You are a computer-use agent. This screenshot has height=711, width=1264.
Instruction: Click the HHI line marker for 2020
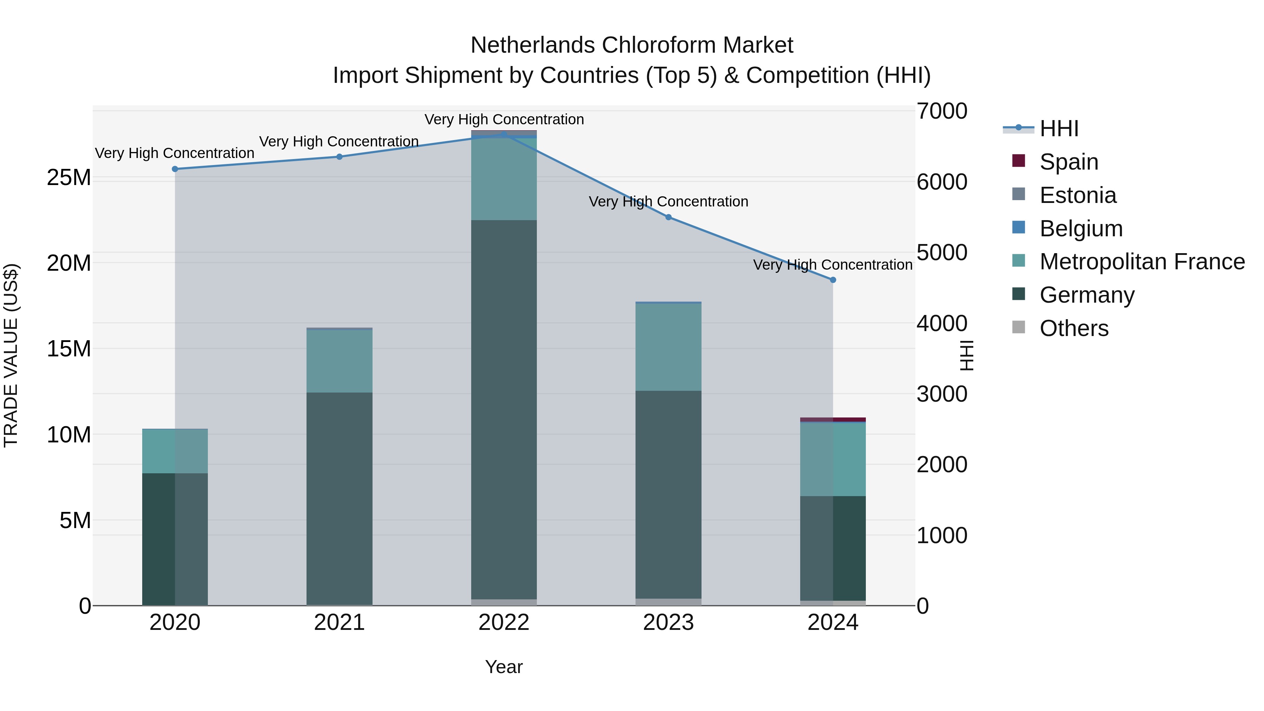175,169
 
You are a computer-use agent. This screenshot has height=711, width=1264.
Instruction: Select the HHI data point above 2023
668,217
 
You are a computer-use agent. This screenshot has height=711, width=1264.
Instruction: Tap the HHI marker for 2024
833,280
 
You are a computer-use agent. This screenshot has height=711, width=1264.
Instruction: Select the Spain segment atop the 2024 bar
833,420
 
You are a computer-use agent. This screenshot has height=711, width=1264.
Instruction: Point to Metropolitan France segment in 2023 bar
668,347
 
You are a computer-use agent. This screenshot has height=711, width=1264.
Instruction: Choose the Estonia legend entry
1078,195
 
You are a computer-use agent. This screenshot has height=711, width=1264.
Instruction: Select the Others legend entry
1074,328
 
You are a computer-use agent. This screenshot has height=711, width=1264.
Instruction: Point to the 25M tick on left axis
69,177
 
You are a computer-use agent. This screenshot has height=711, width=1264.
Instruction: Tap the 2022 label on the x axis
503,623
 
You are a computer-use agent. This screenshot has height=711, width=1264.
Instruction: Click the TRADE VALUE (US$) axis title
11,355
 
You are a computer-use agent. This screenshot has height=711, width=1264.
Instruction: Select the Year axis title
503,667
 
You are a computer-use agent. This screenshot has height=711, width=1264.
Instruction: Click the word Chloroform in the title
658,45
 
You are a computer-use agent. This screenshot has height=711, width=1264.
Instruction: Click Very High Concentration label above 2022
503,119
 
